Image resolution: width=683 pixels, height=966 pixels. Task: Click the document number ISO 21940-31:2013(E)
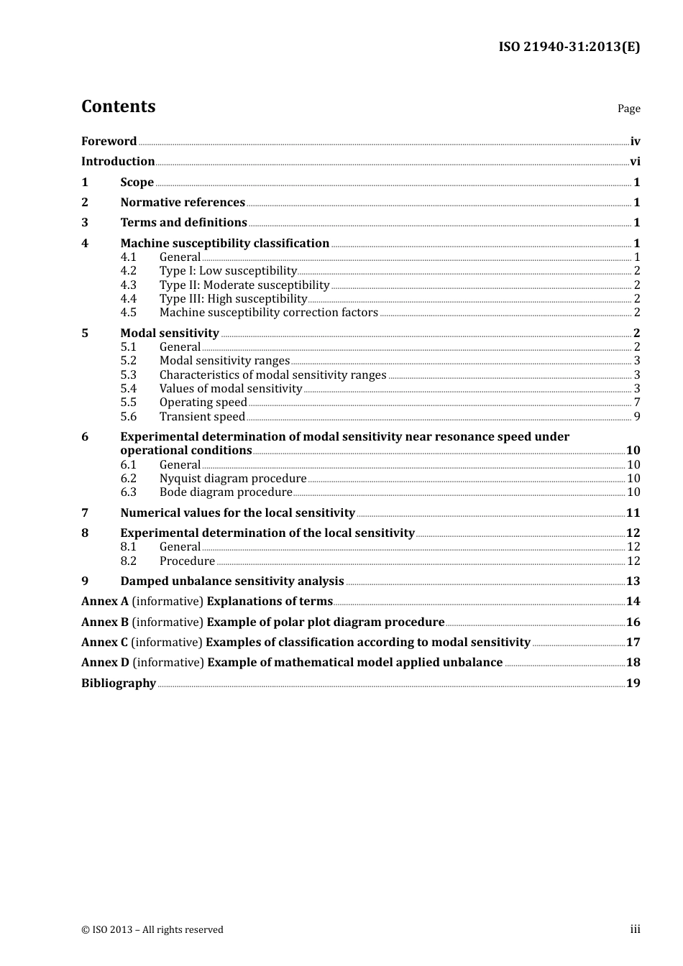coord(569,47)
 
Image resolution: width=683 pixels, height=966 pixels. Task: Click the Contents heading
coord(118,106)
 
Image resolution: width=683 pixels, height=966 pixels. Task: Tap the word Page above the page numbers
coord(628,109)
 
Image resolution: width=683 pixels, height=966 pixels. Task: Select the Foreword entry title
coord(109,142)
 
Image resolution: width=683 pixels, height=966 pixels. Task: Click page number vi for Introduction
coord(635,162)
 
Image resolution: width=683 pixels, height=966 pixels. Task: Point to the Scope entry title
coord(137,183)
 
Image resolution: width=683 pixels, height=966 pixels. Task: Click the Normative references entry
coord(183,203)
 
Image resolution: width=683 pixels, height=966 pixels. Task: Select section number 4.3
coord(128,285)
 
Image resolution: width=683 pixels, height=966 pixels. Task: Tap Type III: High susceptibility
coord(233,299)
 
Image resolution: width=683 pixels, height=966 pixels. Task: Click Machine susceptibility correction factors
coord(268,313)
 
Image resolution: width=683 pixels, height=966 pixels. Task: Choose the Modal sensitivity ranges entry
coord(224,361)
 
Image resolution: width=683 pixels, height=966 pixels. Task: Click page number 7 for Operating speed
coord(636,402)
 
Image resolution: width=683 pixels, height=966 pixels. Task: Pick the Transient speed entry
coord(202,417)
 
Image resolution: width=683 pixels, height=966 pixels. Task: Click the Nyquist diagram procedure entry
coord(233,479)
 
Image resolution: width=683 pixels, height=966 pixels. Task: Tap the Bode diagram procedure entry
coord(226,492)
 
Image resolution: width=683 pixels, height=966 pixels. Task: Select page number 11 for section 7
coord(633,513)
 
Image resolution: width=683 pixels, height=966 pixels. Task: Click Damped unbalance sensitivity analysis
coord(232,581)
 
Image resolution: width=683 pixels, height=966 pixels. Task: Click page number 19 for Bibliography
coord(633,684)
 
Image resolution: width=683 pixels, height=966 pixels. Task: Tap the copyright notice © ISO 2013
coord(152,930)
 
